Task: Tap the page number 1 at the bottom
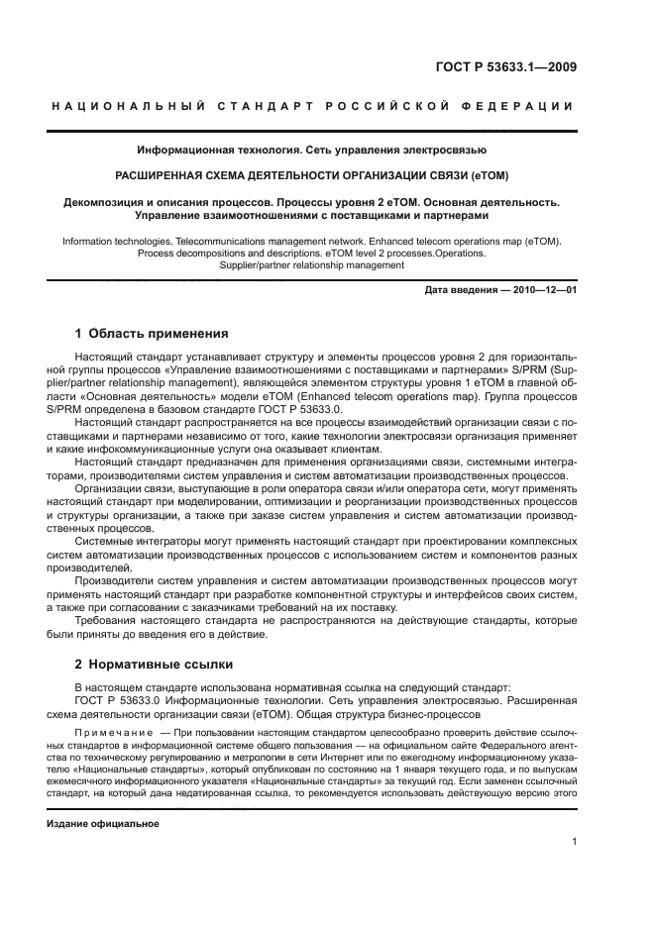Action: click(575, 842)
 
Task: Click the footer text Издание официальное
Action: click(103, 824)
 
